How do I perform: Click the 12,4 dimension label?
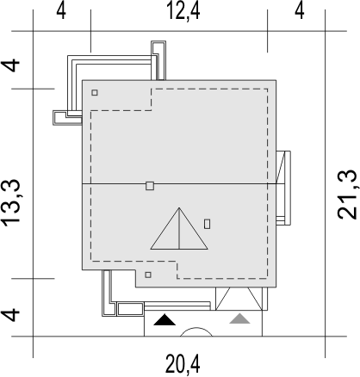pos(183,11)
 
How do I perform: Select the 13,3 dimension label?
pos(11,202)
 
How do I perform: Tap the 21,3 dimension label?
pos(347,195)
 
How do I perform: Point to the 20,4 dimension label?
pos(183,364)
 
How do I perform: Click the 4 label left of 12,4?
pos(61,11)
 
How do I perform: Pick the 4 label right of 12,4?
pos(300,11)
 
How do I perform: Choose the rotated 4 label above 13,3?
pos(11,66)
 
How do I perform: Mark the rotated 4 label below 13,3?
pos(11,315)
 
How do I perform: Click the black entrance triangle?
pos(164,320)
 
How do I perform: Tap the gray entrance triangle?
pos(239,318)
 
